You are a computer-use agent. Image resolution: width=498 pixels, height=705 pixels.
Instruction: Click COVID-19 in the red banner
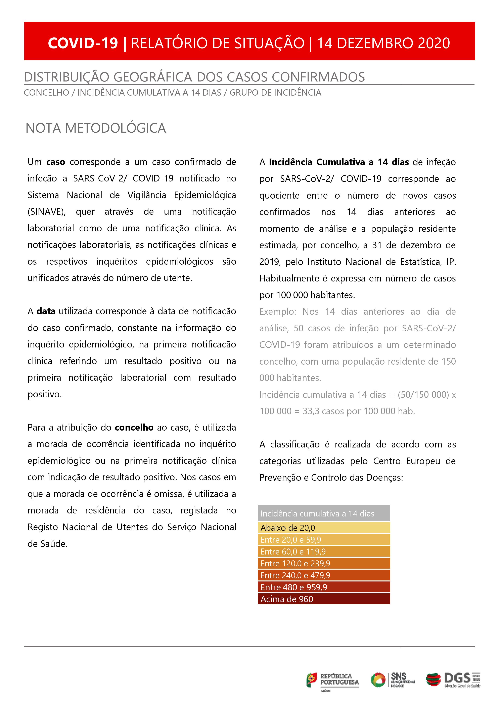pyautogui.click(x=83, y=43)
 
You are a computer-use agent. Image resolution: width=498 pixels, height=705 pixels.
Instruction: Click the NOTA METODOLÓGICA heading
pyautogui.click(x=96, y=128)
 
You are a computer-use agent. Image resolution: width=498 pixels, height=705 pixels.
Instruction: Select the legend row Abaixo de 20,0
pyautogui.click(x=324, y=528)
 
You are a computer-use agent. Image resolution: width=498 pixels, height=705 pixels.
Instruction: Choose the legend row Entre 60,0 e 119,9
pyautogui.click(x=324, y=551)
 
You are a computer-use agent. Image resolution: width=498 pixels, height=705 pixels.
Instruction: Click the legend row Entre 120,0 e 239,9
pyautogui.click(x=324, y=563)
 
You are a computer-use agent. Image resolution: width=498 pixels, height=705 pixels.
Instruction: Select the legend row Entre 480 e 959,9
pyautogui.click(x=324, y=587)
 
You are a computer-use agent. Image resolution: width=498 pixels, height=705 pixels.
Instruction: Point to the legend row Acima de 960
pyautogui.click(x=324, y=599)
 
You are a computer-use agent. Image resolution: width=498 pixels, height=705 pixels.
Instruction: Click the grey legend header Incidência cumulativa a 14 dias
pyautogui.click(x=324, y=513)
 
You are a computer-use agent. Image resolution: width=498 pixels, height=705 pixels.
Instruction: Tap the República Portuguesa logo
pyautogui.click(x=332, y=680)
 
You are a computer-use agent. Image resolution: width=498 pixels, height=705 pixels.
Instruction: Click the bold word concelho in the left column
pyautogui.click(x=134, y=427)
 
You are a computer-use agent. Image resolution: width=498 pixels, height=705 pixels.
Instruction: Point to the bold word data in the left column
pyautogui.click(x=46, y=311)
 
